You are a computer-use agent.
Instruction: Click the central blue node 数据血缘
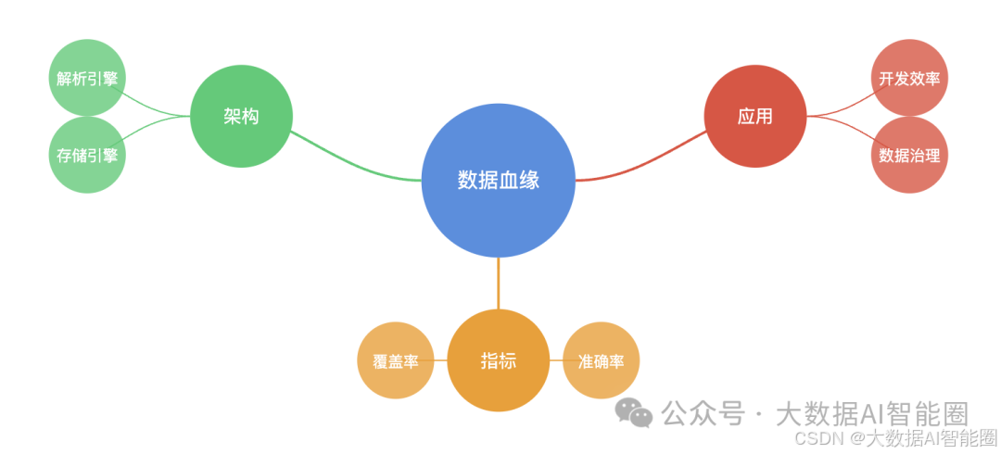499,180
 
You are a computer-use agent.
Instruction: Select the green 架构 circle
241,117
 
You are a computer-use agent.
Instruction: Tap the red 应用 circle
754,117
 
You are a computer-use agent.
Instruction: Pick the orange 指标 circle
498,360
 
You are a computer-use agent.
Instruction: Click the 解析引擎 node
87,78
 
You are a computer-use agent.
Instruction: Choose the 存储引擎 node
87,155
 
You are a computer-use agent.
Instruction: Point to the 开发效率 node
909,78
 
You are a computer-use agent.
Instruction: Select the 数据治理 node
909,155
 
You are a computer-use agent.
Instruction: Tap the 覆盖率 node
396,360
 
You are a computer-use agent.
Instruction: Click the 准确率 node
601,360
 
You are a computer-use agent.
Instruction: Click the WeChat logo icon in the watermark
635,413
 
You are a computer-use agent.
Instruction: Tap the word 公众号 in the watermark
703,413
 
